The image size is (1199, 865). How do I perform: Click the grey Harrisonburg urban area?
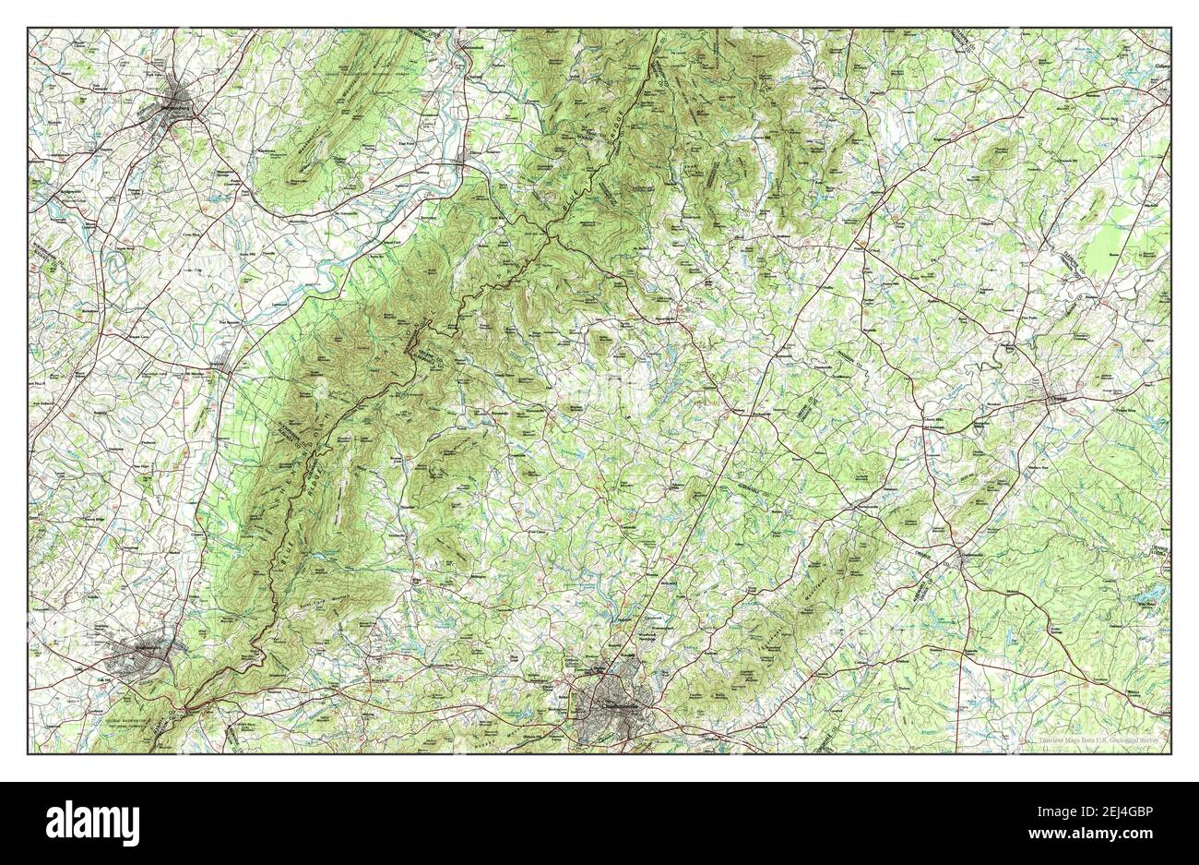tap(180, 97)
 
